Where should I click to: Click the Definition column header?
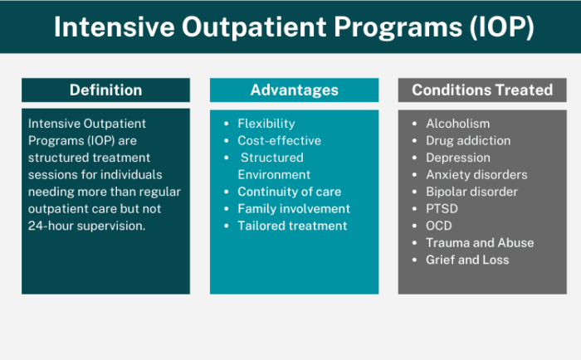[x=105, y=90]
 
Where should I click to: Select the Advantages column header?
[x=294, y=90]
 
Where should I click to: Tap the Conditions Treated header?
[x=482, y=90]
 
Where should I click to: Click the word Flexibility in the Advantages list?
[x=266, y=124]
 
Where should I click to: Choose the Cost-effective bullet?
[x=279, y=141]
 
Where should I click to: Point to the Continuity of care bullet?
[x=289, y=192]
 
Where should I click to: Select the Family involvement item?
[x=294, y=209]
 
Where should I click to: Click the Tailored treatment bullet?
[x=292, y=226]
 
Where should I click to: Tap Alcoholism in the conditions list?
[x=457, y=124]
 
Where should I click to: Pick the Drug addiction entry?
[x=468, y=141]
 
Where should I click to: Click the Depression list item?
[x=458, y=158]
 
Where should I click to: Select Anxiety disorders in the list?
[x=476, y=175]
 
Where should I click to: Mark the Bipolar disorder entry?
[x=471, y=192]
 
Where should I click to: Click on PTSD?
[x=442, y=209]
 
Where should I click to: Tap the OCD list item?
[x=440, y=226]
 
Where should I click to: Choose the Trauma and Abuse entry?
[x=480, y=243]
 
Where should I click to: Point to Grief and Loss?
[x=467, y=260]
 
